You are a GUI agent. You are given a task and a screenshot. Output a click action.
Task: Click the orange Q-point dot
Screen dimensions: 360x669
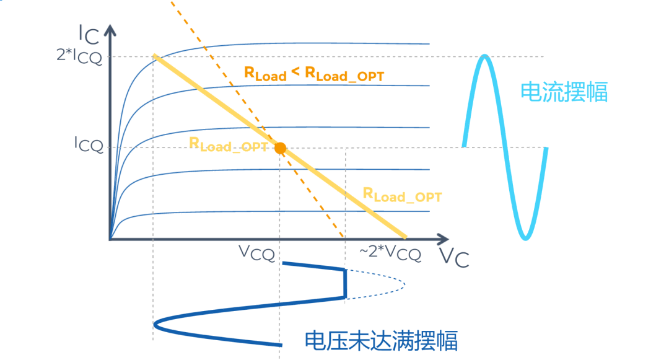click(280, 148)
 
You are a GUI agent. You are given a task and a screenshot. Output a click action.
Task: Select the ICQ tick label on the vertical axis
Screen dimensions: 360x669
click(89, 146)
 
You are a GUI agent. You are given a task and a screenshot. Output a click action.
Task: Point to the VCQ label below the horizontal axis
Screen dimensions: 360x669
click(256, 252)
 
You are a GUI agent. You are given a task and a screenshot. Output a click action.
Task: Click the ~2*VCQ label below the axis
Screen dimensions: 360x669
click(390, 253)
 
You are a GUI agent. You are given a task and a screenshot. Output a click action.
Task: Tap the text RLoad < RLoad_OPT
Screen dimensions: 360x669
click(314, 74)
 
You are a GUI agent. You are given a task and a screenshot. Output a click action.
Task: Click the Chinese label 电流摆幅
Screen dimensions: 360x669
click(564, 93)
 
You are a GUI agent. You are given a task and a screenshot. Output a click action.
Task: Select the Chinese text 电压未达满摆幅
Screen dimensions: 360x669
click(381, 341)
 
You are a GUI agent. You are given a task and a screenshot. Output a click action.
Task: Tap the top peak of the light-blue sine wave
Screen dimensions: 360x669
click(486, 57)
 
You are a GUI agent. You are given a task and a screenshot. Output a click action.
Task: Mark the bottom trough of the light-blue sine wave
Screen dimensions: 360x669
click(526, 238)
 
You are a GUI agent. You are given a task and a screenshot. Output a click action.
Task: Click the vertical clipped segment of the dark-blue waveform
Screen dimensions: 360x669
click(345, 284)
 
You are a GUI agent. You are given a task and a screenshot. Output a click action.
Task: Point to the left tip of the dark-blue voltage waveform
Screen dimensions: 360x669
click(155, 323)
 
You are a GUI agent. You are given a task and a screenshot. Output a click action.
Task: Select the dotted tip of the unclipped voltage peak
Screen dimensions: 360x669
click(404, 284)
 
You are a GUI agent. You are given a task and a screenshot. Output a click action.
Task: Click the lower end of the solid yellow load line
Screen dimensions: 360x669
click(405, 237)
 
